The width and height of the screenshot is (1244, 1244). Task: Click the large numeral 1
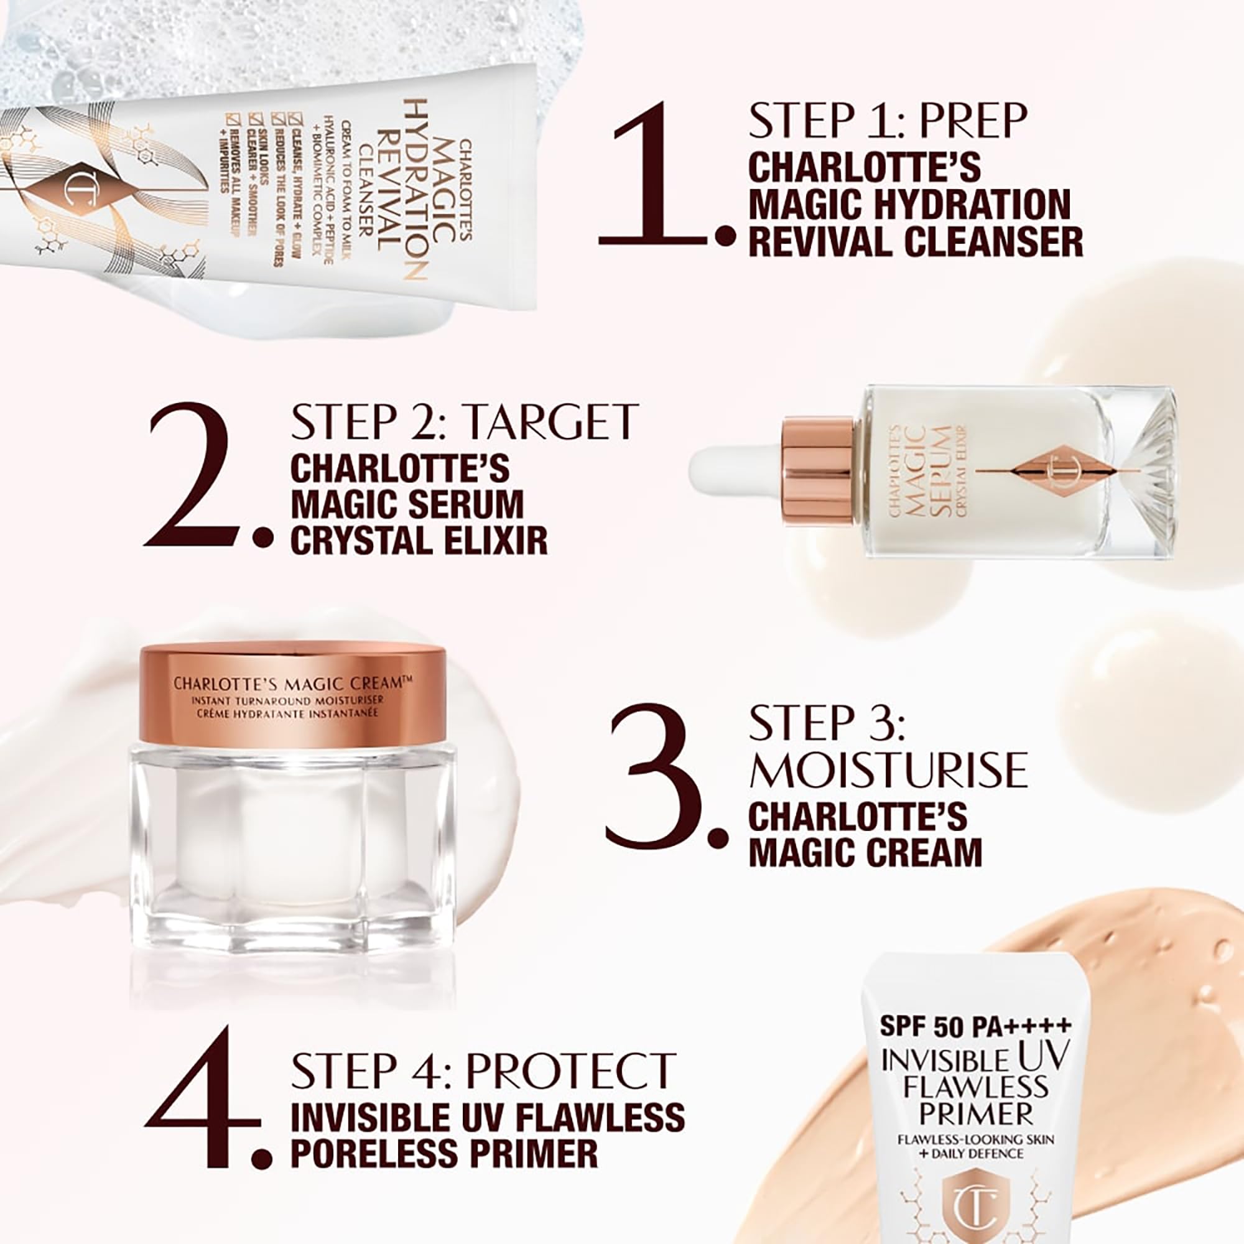click(657, 175)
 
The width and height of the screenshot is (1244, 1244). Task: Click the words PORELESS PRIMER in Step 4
click(444, 1151)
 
